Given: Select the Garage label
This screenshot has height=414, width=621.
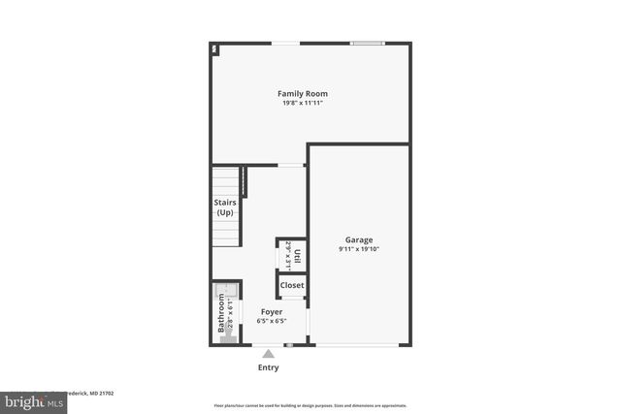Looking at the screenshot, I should pyautogui.click(x=359, y=239).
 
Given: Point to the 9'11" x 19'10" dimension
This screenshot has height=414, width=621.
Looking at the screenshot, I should pyautogui.click(x=359, y=249).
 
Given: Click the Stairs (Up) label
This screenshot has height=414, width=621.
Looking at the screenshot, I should pyautogui.click(x=224, y=207).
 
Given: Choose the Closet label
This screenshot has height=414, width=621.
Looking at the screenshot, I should pyautogui.click(x=292, y=285).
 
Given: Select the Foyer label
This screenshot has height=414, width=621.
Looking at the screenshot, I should pyautogui.click(x=271, y=311).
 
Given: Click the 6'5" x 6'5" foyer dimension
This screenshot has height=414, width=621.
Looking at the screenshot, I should pyautogui.click(x=271, y=321).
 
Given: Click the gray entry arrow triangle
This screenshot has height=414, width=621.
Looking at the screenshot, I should pyautogui.click(x=269, y=353).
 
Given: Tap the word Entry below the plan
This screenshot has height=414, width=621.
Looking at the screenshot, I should pyautogui.click(x=269, y=367).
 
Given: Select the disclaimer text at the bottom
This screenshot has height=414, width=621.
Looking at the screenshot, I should pyautogui.click(x=310, y=405).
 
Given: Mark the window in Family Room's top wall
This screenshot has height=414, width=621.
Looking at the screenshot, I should pyautogui.click(x=367, y=43).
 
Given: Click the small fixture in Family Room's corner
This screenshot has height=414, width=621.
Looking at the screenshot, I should pyautogui.click(x=214, y=48).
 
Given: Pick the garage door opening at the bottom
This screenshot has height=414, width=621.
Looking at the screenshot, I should pyautogui.click(x=358, y=345).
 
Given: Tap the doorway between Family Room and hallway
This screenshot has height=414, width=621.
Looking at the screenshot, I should pyautogui.click(x=291, y=165).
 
